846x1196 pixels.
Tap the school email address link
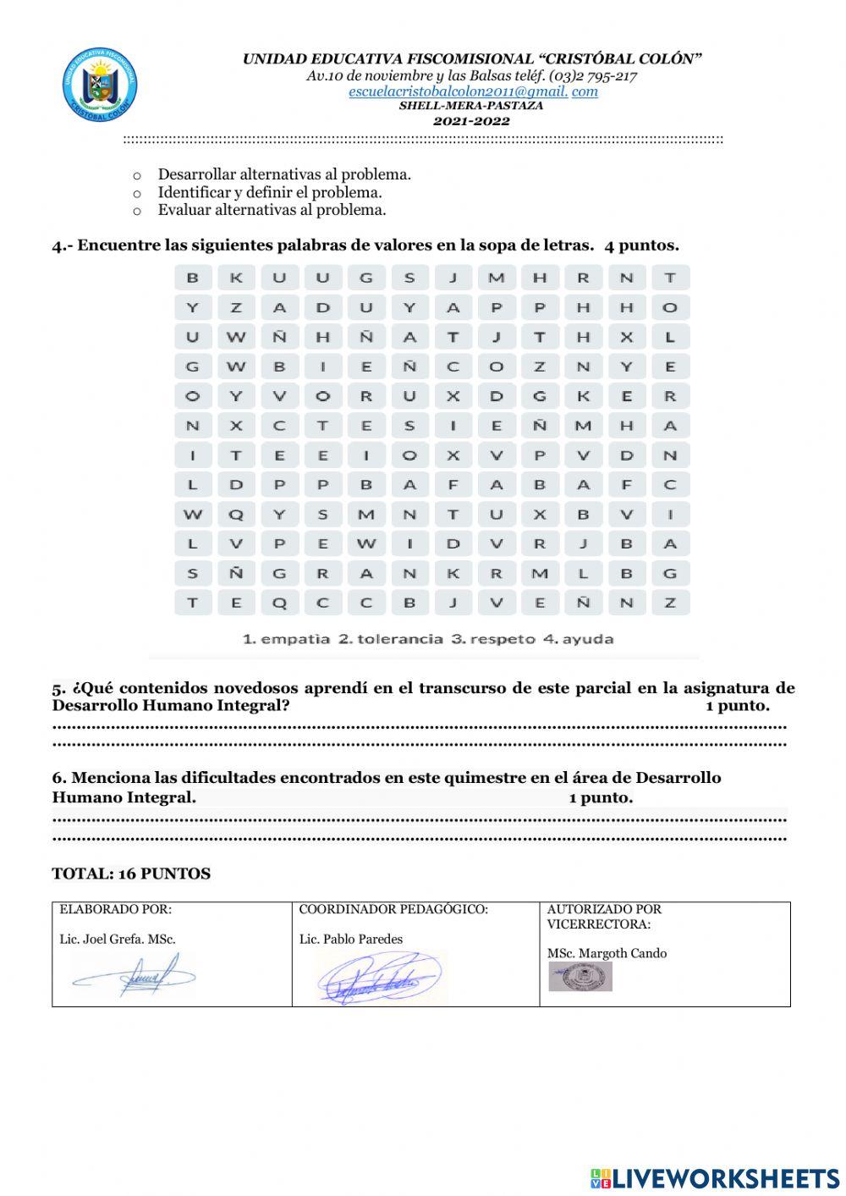coord(473,91)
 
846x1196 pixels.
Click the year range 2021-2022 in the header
coord(471,121)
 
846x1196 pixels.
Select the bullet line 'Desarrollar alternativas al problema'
coord(283,174)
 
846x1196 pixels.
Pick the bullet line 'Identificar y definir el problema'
coord(269,192)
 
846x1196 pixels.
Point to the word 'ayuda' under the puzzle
coord(589,639)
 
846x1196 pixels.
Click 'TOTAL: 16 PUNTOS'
coord(131,874)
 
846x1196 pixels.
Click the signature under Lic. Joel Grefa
coord(135,976)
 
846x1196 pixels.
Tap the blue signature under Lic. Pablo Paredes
coord(381,978)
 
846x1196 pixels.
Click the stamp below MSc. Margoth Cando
coord(580,977)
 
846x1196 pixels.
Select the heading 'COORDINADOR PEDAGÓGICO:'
coord(393,910)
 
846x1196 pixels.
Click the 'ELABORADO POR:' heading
coord(115,910)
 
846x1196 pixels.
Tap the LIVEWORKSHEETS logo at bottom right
coord(715,1177)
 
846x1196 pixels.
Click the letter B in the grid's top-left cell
coord(193,278)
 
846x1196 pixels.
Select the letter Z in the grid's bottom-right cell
coord(670,603)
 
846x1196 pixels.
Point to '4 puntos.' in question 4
coord(641,246)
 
